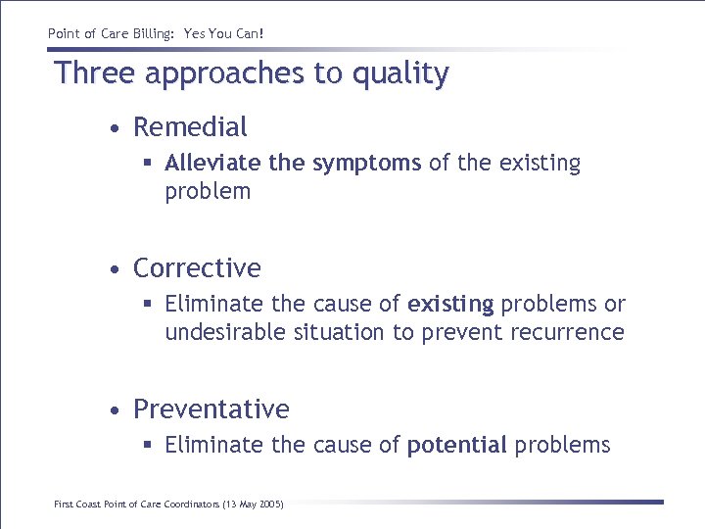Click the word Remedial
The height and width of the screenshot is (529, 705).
(x=190, y=127)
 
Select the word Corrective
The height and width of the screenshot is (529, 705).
(x=197, y=268)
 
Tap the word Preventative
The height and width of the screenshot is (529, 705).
(x=211, y=409)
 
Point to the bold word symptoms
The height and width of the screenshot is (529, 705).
(x=366, y=164)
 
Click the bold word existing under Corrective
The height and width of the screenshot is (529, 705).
(x=450, y=305)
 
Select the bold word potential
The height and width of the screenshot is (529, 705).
(x=456, y=446)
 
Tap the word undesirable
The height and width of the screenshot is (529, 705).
(x=225, y=333)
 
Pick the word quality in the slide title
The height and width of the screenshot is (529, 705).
(x=402, y=74)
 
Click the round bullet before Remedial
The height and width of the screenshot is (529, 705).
(x=116, y=128)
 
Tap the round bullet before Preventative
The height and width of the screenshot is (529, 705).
(x=116, y=410)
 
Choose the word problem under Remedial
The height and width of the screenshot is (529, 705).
(x=208, y=192)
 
